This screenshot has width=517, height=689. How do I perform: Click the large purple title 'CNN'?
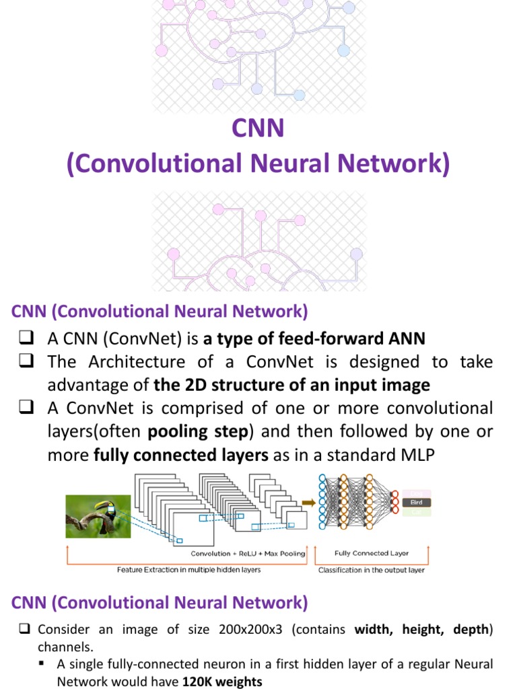pos(258,127)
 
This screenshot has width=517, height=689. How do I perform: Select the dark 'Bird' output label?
pos(416,502)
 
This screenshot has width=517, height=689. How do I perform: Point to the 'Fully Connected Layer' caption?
pos(371,553)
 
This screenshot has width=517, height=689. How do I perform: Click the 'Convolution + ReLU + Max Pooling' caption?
pos(248,554)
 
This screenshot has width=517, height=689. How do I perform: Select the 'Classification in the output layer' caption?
pos(372,570)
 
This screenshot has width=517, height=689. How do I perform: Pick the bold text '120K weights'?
pos(221,682)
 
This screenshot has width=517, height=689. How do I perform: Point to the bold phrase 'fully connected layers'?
pos(181,455)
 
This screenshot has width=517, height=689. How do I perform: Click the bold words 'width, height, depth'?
pos(423,629)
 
